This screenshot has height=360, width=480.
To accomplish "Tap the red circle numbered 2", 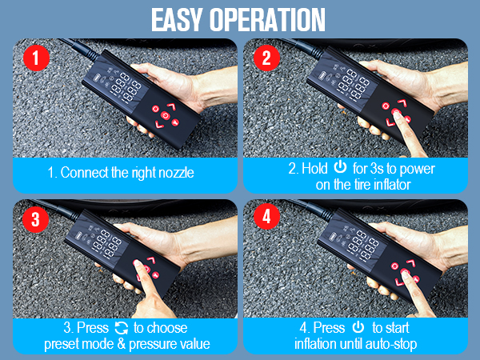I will pyautogui.click(x=264, y=58).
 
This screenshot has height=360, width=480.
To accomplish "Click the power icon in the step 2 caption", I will pyautogui.click(x=340, y=168).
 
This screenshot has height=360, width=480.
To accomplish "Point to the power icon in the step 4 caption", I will pyautogui.click(x=358, y=328).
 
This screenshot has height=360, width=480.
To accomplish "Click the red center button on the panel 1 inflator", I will pyautogui.click(x=165, y=115).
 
